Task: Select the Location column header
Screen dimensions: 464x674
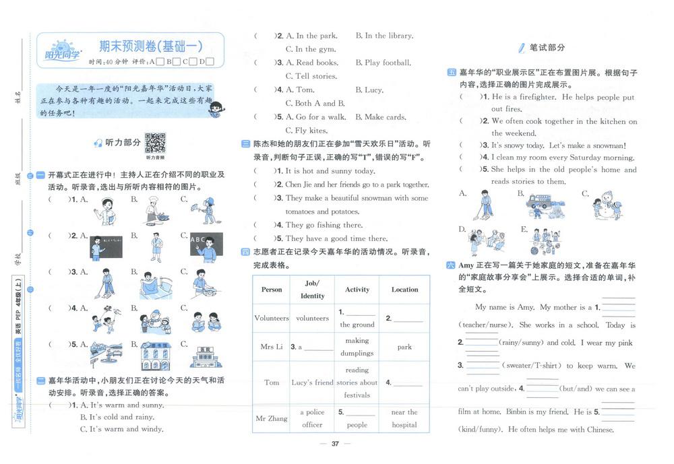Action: (x=404, y=290)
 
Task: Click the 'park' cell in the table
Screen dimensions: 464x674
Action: (x=404, y=347)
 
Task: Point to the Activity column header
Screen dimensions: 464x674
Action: (x=357, y=290)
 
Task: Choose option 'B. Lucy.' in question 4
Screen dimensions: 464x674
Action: (x=369, y=90)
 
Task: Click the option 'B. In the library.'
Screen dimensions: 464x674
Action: (x=384, y=36)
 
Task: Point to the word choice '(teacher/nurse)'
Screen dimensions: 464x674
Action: (x=483, y=325)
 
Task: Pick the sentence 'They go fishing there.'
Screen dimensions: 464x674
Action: (x=324, y=225)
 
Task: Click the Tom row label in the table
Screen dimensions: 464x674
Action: (x=272, y=382)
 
